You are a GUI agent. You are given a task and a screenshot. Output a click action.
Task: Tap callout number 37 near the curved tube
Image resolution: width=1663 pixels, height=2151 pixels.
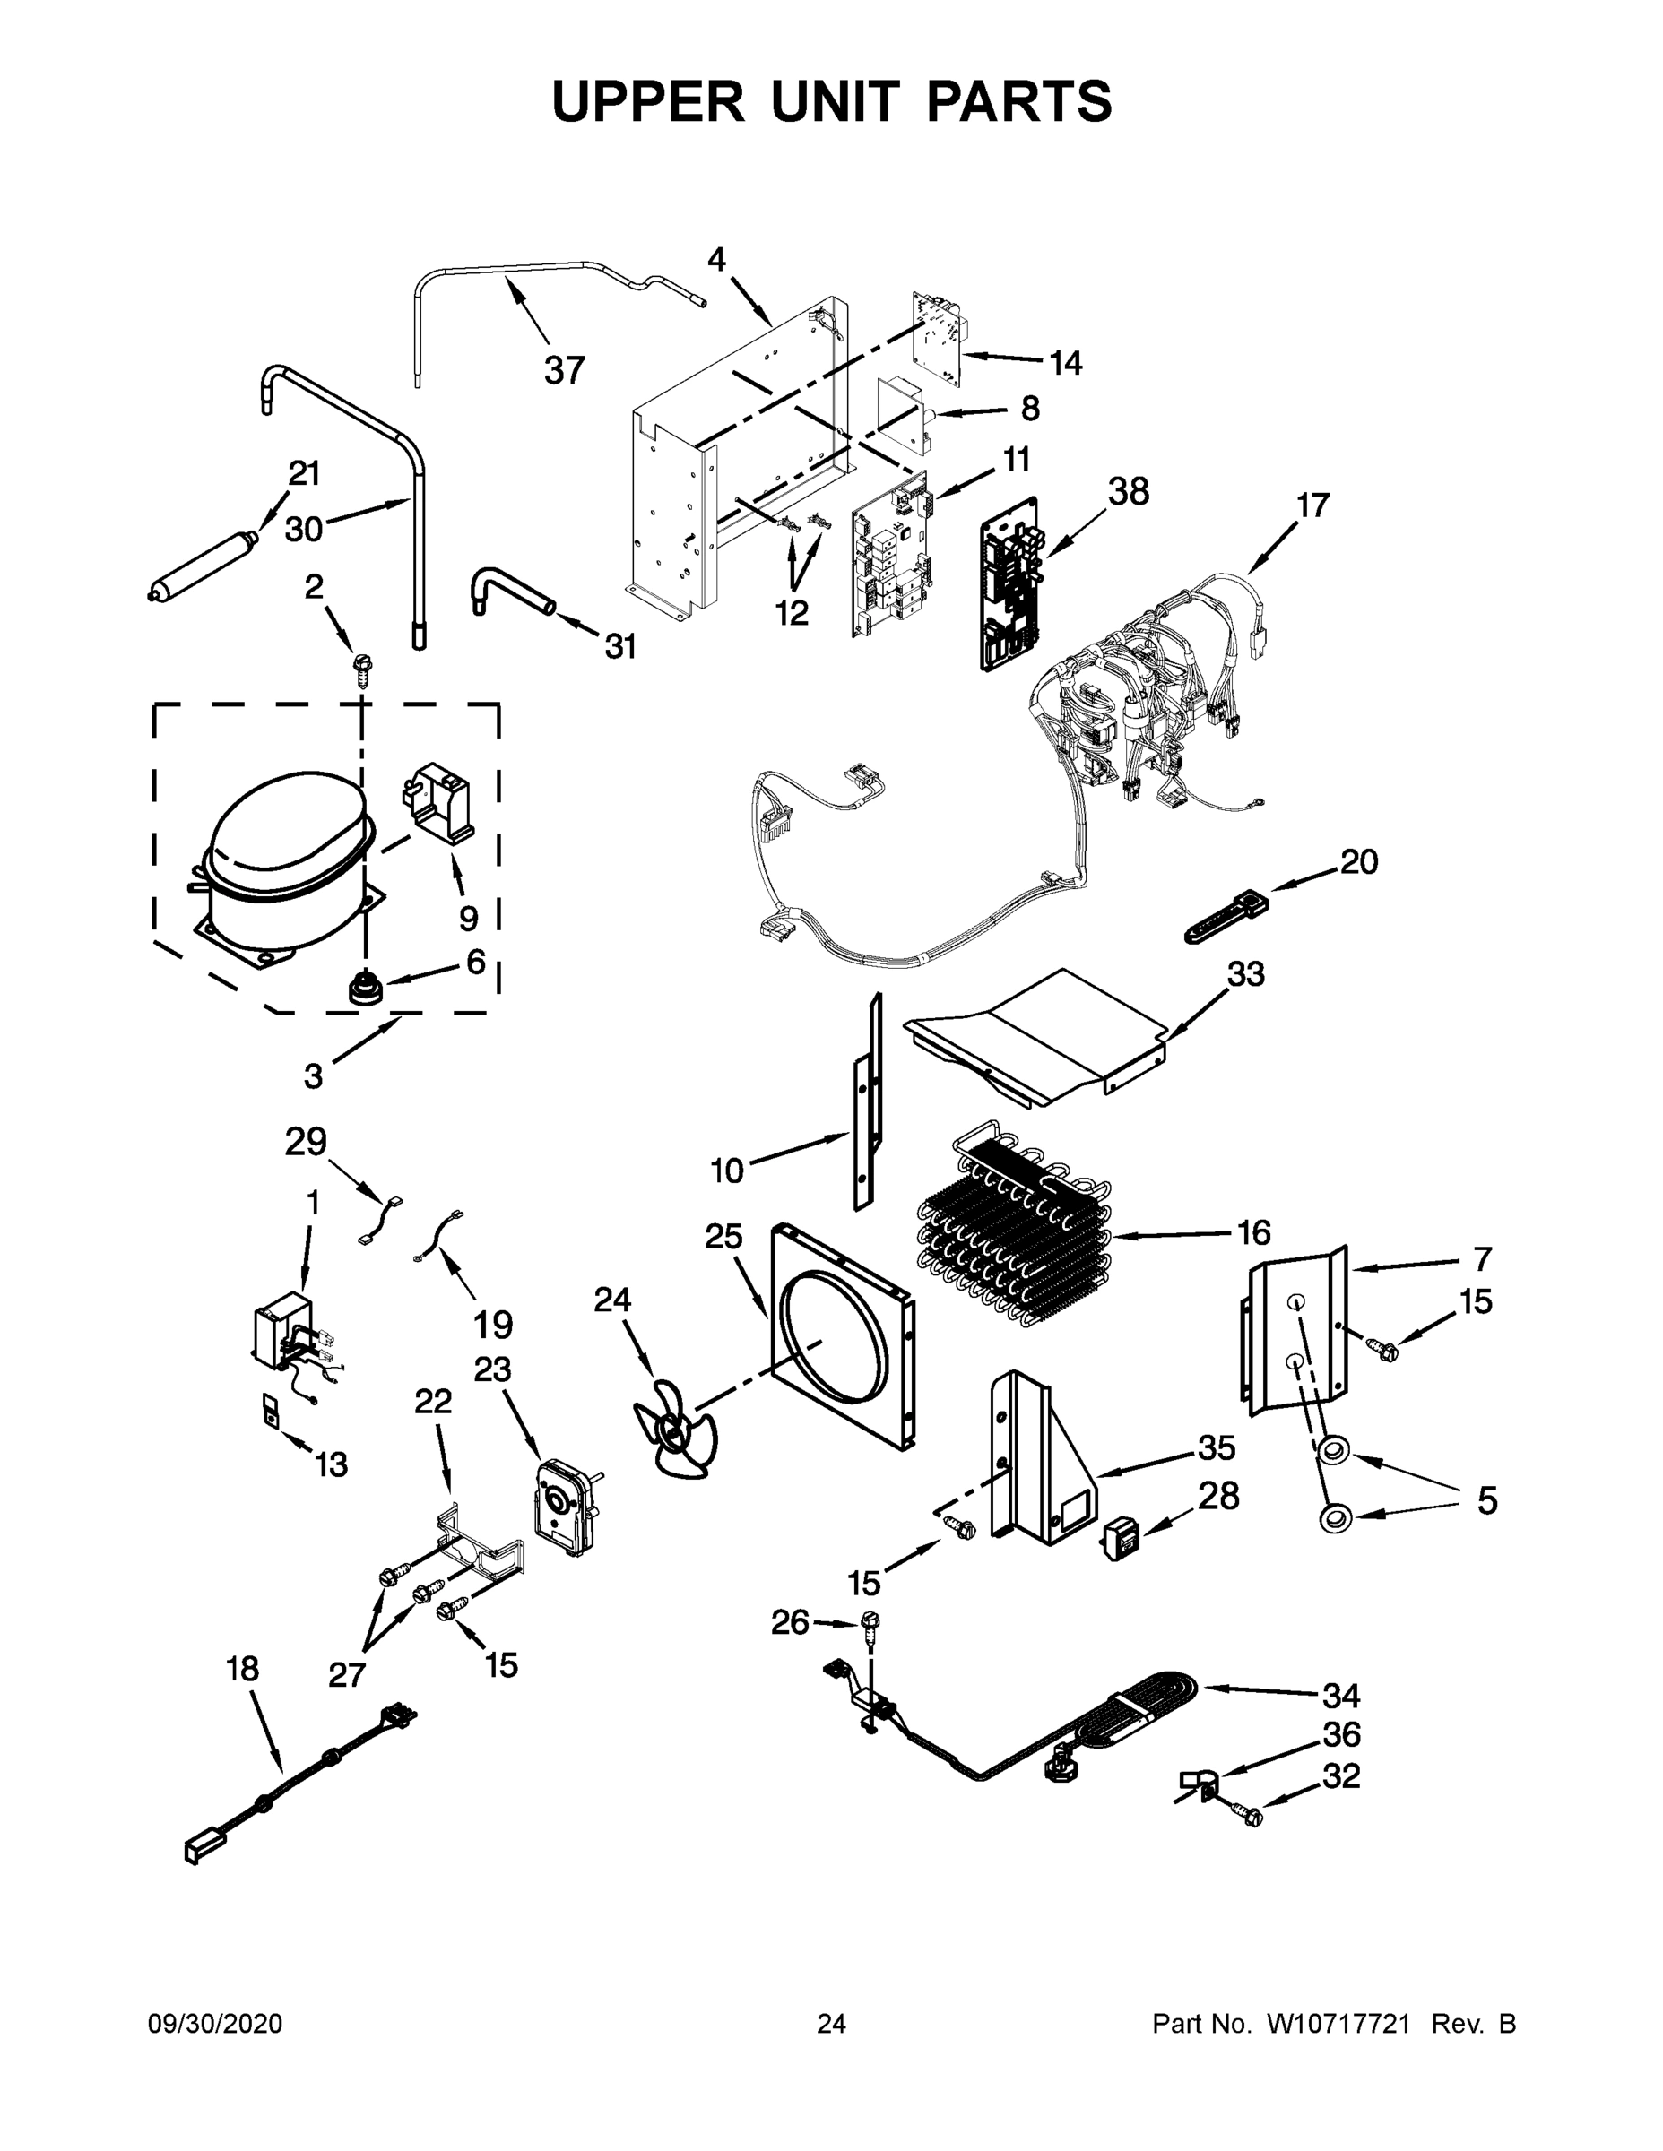click(565, 371)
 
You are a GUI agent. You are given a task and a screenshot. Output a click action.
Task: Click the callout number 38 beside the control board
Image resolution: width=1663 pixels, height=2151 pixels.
click(1128, 491)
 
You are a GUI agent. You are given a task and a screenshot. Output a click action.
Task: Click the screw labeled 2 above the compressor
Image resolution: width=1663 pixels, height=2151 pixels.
click(362, 669)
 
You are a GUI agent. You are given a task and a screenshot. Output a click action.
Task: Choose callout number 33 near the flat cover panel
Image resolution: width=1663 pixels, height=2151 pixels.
click(1245, 974)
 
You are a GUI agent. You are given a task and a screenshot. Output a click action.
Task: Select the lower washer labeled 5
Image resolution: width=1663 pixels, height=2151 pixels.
click(1335, 1517)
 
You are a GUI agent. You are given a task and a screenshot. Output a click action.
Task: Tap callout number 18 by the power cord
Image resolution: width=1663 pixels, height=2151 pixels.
click(242, 1669)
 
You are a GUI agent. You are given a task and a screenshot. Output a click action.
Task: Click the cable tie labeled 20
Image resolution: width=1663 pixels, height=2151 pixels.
click(1226, 914)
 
